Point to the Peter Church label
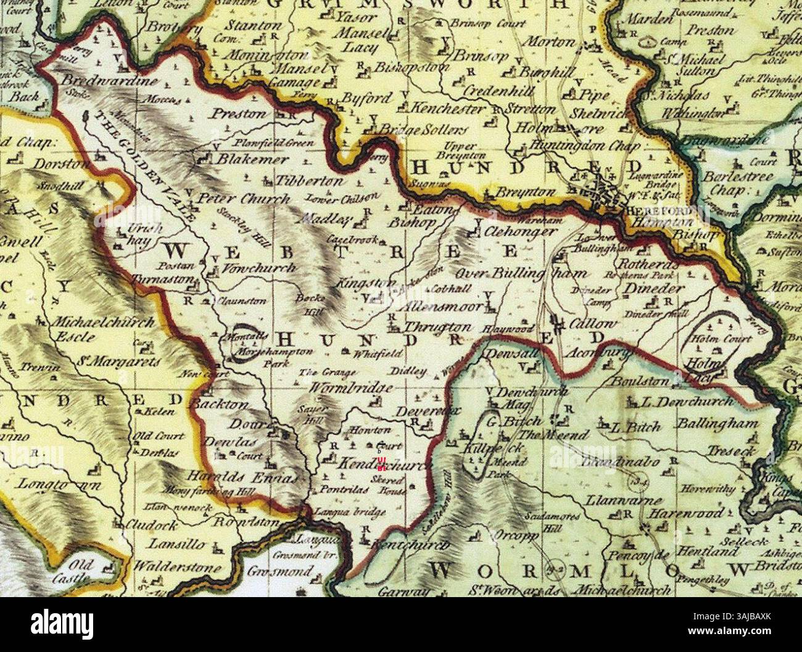243,199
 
